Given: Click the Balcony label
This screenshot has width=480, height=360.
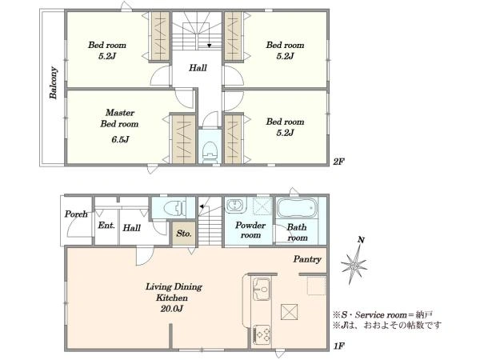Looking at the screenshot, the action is (x=54, y=82).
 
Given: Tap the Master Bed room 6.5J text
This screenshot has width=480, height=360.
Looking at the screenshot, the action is (x=120, y=126).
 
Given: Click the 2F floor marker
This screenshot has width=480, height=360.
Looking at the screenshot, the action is (x=338, y=162).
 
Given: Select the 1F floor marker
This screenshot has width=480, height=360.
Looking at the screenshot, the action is (x=339, y=346).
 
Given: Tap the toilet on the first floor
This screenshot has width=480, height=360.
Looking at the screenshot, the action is (x=174, y=208).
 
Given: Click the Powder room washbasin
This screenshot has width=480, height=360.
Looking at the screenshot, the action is (x=236, y=205).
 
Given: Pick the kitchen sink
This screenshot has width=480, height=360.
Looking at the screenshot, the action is (x=262, y=289).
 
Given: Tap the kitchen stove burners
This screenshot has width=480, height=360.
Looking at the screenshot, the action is (x=262, y=334).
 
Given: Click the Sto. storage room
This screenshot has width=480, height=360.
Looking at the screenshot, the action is (x=184, y=234).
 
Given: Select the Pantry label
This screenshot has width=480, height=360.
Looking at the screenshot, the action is (x=307, y=259).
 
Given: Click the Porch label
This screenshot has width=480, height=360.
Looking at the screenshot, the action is (x=76, y=214).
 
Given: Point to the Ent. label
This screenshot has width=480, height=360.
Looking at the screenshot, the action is (x=106, y=226).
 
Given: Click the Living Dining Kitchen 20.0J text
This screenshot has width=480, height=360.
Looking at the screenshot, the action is (x=174, y=298).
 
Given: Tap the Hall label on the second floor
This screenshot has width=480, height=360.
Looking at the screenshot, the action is (x=198, y=68).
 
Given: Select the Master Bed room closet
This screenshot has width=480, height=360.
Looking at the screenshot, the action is (x=184, y=139).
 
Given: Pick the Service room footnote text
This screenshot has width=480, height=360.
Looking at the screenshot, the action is (x=382, y=314).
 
